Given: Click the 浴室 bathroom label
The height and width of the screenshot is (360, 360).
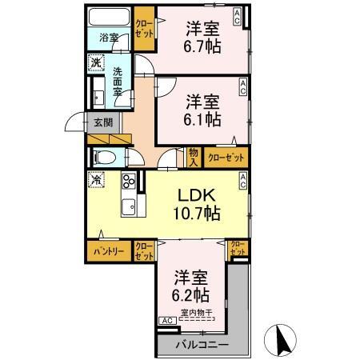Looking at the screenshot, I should [108, 38].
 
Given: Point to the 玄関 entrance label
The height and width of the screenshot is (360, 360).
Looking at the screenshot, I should [103, 122].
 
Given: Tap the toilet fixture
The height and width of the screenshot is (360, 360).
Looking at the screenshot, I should [104, 157].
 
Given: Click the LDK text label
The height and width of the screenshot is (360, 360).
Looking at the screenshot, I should [194, 196].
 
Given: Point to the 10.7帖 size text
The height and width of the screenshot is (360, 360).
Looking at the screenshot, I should [194, 214].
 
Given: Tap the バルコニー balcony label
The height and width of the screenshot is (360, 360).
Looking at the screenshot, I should [202, 344].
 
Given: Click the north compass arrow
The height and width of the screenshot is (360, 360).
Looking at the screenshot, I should [282, 340].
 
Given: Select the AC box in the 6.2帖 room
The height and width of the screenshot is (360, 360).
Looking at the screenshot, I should [167, 321].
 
